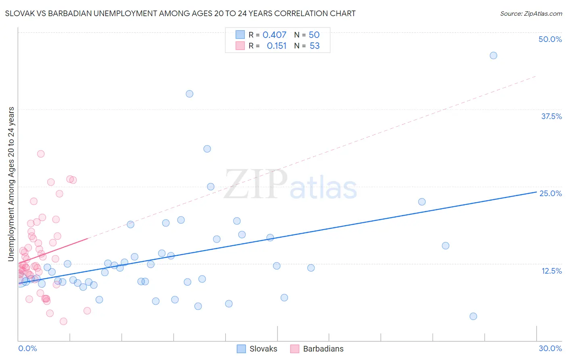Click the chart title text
(180, 13)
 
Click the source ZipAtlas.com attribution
(531, 13)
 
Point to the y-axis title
(11, 184)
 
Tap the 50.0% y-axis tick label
(550, 39)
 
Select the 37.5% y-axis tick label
(551, 116)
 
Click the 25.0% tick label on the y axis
(550, 193)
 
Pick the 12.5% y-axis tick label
(551, 271)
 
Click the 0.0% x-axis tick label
(27, 348)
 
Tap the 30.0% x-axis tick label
(550, 348)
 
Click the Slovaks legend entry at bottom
(257, 349)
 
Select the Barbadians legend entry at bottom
(317, 349)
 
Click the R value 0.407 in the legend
(274, 35)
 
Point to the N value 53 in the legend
(315, 46)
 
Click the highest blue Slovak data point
(493, 55)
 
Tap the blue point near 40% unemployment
(189, 94)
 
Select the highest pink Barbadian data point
(41, 154)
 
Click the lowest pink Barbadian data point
(63, 321)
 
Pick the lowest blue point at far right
(473, 316)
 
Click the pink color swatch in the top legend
(240, 46)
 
